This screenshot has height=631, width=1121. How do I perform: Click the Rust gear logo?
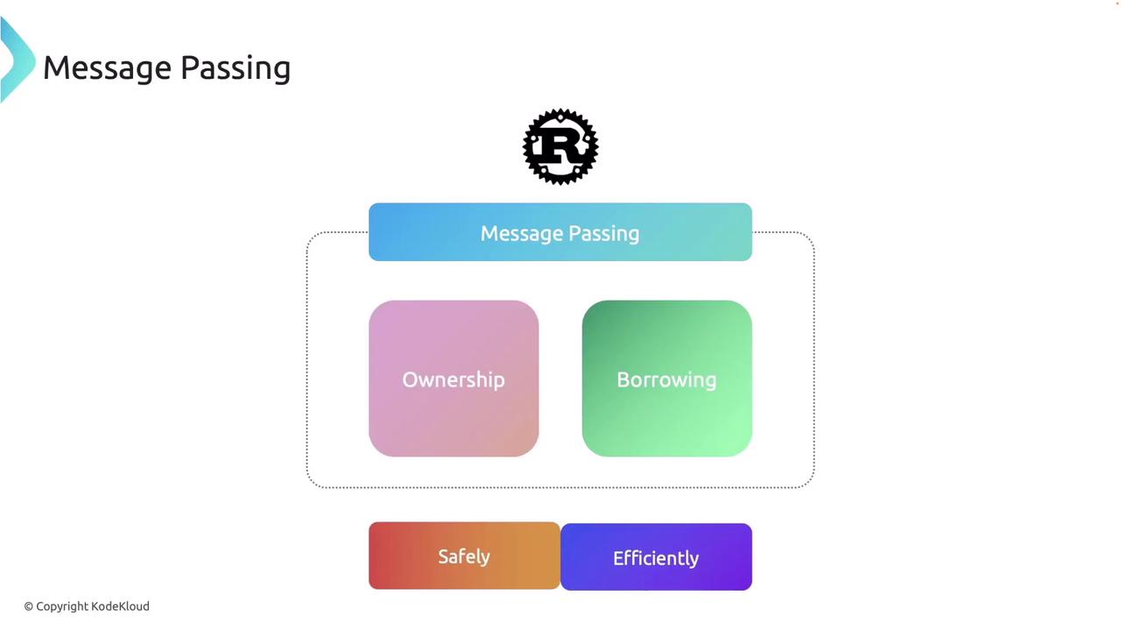[560, 146]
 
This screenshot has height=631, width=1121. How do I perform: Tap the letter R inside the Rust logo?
[560, 147]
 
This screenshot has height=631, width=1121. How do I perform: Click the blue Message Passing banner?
[560, 232]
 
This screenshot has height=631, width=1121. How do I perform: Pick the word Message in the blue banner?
[519, 233]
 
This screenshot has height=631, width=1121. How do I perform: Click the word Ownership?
[454, 379]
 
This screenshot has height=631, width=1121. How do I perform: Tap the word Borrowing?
[666, 379]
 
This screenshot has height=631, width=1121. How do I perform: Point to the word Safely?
[464, 557]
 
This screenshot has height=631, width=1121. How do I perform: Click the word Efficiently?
[656, 558]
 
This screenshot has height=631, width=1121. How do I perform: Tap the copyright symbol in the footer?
[28, 606]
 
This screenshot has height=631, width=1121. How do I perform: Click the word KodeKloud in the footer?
[120, 606]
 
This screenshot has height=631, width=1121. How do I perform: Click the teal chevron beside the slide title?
[16, 60]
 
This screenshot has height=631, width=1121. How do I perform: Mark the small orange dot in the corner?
[1117, 3]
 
